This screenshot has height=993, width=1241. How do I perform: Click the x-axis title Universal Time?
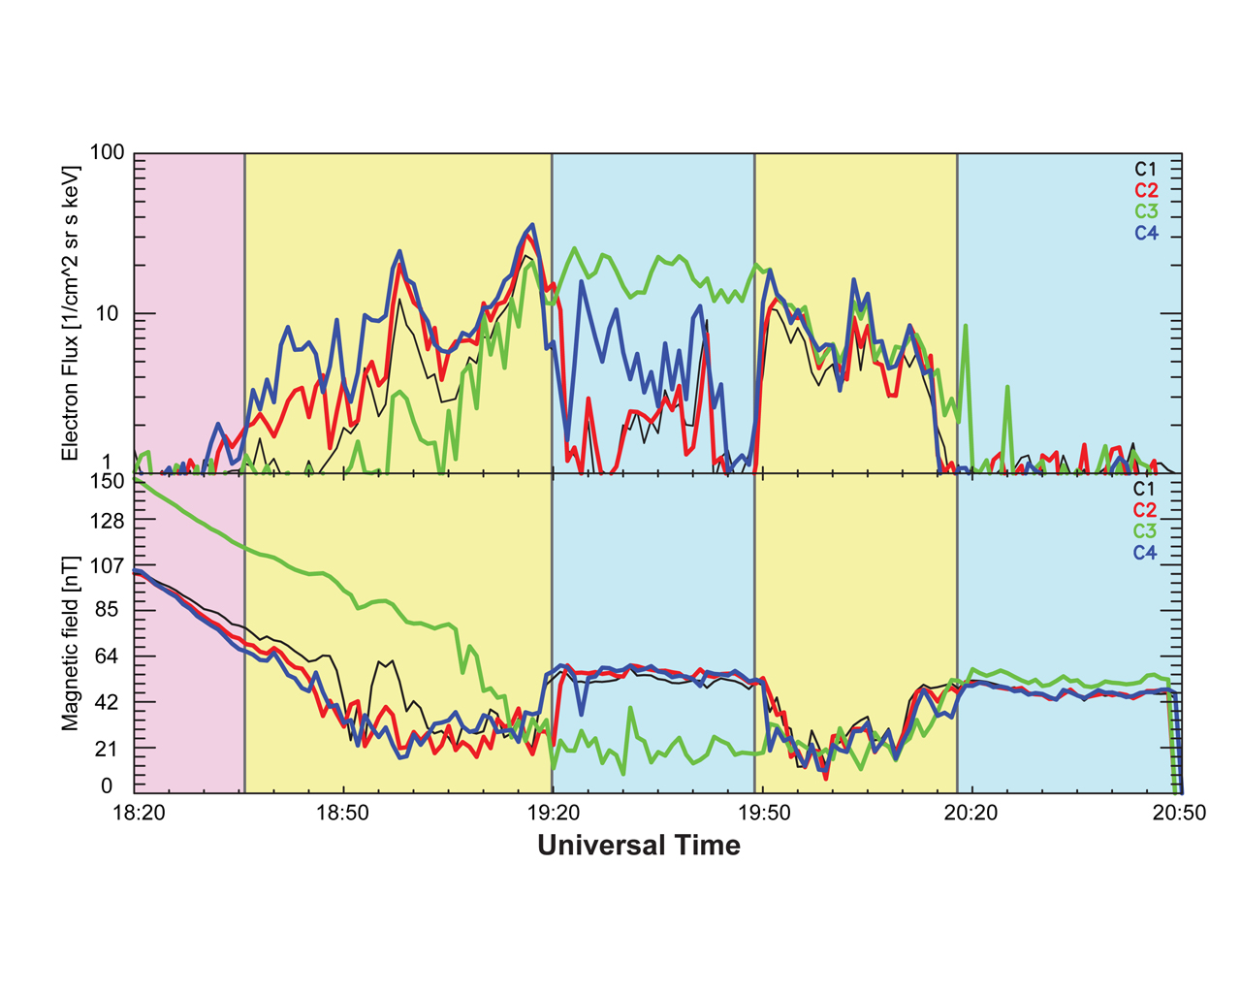pos(639,846)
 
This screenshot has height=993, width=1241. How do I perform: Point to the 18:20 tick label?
pos(140,814)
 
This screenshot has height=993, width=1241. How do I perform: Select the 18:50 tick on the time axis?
pos(342,814)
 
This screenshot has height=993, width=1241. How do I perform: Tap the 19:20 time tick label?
pos(552,814)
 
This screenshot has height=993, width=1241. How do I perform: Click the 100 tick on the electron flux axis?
pos(107,153)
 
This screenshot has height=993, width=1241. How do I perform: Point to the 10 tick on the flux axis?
pos(112,314)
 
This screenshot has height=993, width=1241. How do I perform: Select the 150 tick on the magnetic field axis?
pos(108,481)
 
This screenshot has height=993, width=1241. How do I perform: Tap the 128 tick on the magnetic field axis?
pos(108,522)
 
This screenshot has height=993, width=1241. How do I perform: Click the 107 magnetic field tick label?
pos(108,565)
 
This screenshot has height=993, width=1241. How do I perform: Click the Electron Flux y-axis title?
pos(70,313)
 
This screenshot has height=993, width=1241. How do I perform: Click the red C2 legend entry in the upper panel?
pos(1146,190)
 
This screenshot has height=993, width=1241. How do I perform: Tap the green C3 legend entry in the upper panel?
pos(1146,211)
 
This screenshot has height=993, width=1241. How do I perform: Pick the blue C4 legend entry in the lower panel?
pos(1145,553)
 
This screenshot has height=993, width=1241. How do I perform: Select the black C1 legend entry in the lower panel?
pos(1145,489)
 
